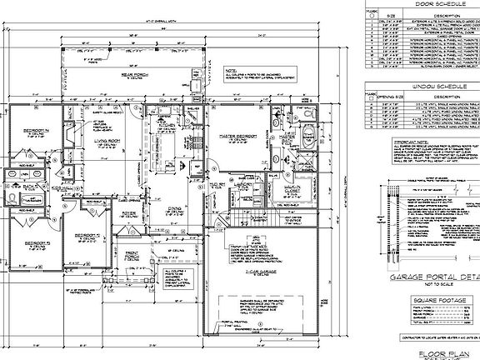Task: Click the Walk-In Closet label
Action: click(291, 190)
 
